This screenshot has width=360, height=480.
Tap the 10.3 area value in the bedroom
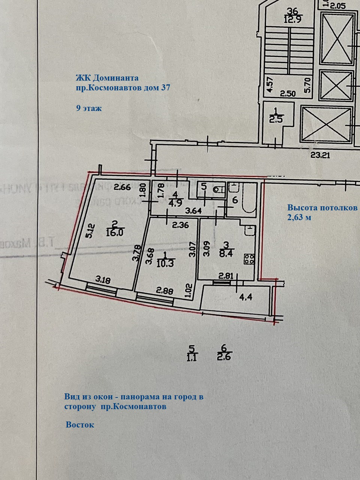[x=164, y=264]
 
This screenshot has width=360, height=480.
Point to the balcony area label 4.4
[x=246, y=298]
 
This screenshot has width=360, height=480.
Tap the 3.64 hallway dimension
[x=194, y=211]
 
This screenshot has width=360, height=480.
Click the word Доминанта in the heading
[x=115, y=78]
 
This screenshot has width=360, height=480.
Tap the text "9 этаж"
[x=88, y=108]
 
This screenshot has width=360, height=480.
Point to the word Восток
[x=80, y=425]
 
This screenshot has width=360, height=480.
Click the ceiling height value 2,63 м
[x=299, y=217]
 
